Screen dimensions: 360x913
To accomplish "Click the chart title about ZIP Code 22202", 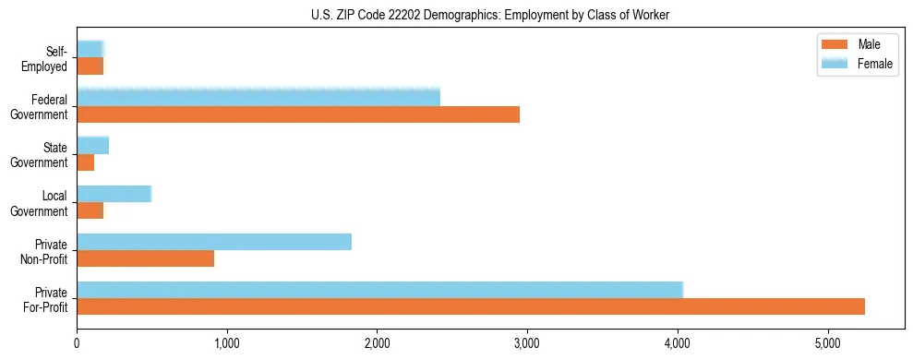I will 456,14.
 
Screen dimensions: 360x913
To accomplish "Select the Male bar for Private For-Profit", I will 471,306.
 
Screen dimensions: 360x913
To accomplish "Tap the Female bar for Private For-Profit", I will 379,289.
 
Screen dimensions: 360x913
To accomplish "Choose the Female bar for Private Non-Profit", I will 214,241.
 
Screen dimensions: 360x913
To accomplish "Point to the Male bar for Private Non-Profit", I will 146,258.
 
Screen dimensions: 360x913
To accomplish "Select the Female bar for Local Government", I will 114,193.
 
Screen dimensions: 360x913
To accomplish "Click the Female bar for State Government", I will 93,145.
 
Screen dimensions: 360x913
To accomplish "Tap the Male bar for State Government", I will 86,162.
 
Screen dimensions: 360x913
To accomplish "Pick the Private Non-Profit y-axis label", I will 45,252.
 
